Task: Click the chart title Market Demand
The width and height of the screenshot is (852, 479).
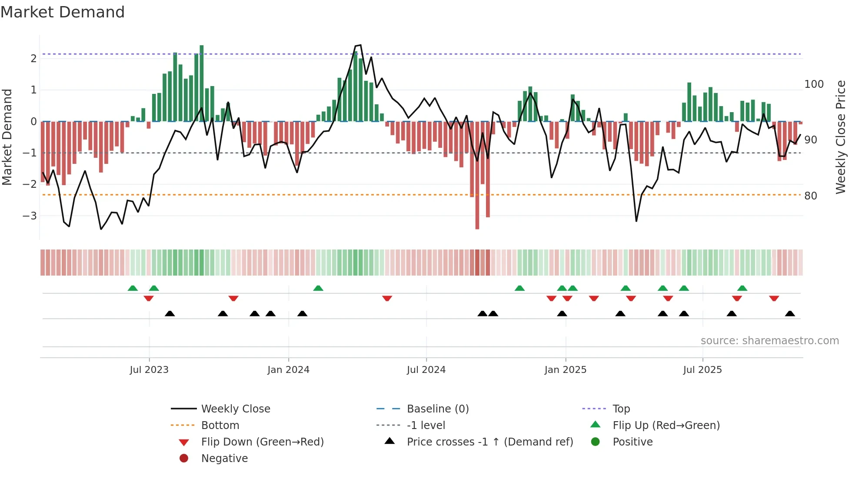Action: coord(63,12)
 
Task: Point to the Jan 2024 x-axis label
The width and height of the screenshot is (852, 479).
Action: coord(288,370)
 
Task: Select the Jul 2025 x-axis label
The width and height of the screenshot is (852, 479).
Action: coord(702,370)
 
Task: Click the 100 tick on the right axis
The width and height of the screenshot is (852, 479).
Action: coord(814,84)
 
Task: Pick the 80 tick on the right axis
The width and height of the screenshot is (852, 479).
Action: coord(810,196)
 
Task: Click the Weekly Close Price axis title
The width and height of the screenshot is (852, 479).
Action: coord(841,137)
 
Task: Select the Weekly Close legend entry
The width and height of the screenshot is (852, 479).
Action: coord(235,409)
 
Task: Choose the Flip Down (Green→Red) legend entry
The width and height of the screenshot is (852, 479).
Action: coord(262,442)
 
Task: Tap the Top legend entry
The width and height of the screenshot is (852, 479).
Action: coord(621,409)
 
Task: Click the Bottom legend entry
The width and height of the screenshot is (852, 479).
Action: coord(220,426)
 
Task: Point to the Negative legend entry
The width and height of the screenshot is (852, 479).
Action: coord(224,459)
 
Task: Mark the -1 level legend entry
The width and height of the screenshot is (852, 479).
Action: coord(426,426)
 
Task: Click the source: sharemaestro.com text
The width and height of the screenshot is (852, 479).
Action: coord(769,341)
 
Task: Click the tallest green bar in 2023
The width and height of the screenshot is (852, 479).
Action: coord(202,83)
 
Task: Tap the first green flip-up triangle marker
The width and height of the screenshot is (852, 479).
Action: coord(133,288)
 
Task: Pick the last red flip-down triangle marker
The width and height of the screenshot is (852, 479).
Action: coord(774,298)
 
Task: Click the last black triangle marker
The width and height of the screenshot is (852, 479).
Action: coord(790,314)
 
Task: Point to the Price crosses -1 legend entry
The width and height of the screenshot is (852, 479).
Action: coord(489,442)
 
